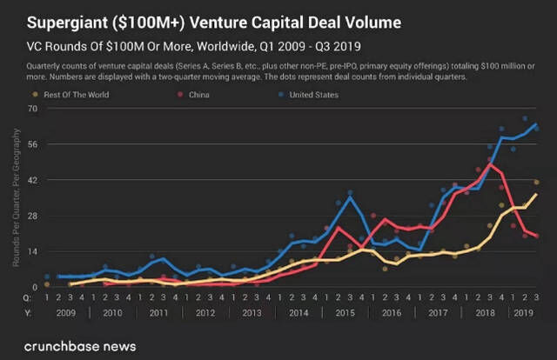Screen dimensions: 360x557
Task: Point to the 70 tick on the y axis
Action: click(x=33, y=108)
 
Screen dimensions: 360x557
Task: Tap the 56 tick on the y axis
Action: click(x=33, y=143)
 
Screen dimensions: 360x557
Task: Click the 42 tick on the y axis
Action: click(x=33, y=179)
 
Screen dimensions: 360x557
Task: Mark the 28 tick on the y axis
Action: click(x=33, y=215)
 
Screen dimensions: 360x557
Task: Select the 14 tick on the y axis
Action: click(x=33, y=250)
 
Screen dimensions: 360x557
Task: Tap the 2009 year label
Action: click(x=64, y=311)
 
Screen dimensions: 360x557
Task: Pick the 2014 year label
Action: click(x=298, y=311)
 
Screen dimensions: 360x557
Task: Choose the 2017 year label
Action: click(x=438, y=311)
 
